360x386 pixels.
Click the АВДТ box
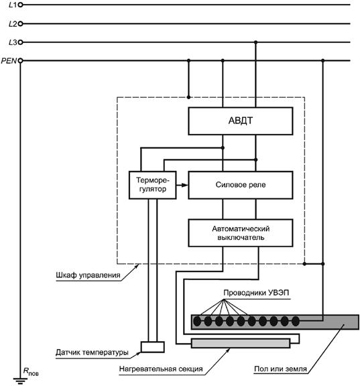click(240, 121)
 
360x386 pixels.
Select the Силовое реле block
click(240, 185)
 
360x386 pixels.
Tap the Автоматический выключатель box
click(240, 233)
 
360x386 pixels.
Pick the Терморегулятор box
click(153, 185)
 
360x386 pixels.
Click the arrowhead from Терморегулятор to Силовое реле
click(184, 185)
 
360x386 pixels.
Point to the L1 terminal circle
click(20, 5)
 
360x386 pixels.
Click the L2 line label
click(13, 24)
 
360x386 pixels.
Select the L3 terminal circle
click(20, 42)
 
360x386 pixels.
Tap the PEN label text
click(9, 60)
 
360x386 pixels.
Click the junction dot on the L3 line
click(255, 42)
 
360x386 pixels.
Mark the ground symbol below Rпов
click(20, 381)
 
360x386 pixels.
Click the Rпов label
click(31, 371)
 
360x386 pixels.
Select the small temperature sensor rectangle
click(153, 347)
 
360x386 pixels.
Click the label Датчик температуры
click(92, 352)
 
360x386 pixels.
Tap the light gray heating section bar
click(241, 343)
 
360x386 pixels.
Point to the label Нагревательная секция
click(161, 369)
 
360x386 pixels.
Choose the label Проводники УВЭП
click(256, 293)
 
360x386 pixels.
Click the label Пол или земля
click(280, 369)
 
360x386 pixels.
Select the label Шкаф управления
click(88, 275)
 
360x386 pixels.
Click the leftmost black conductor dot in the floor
click(197, 321)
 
